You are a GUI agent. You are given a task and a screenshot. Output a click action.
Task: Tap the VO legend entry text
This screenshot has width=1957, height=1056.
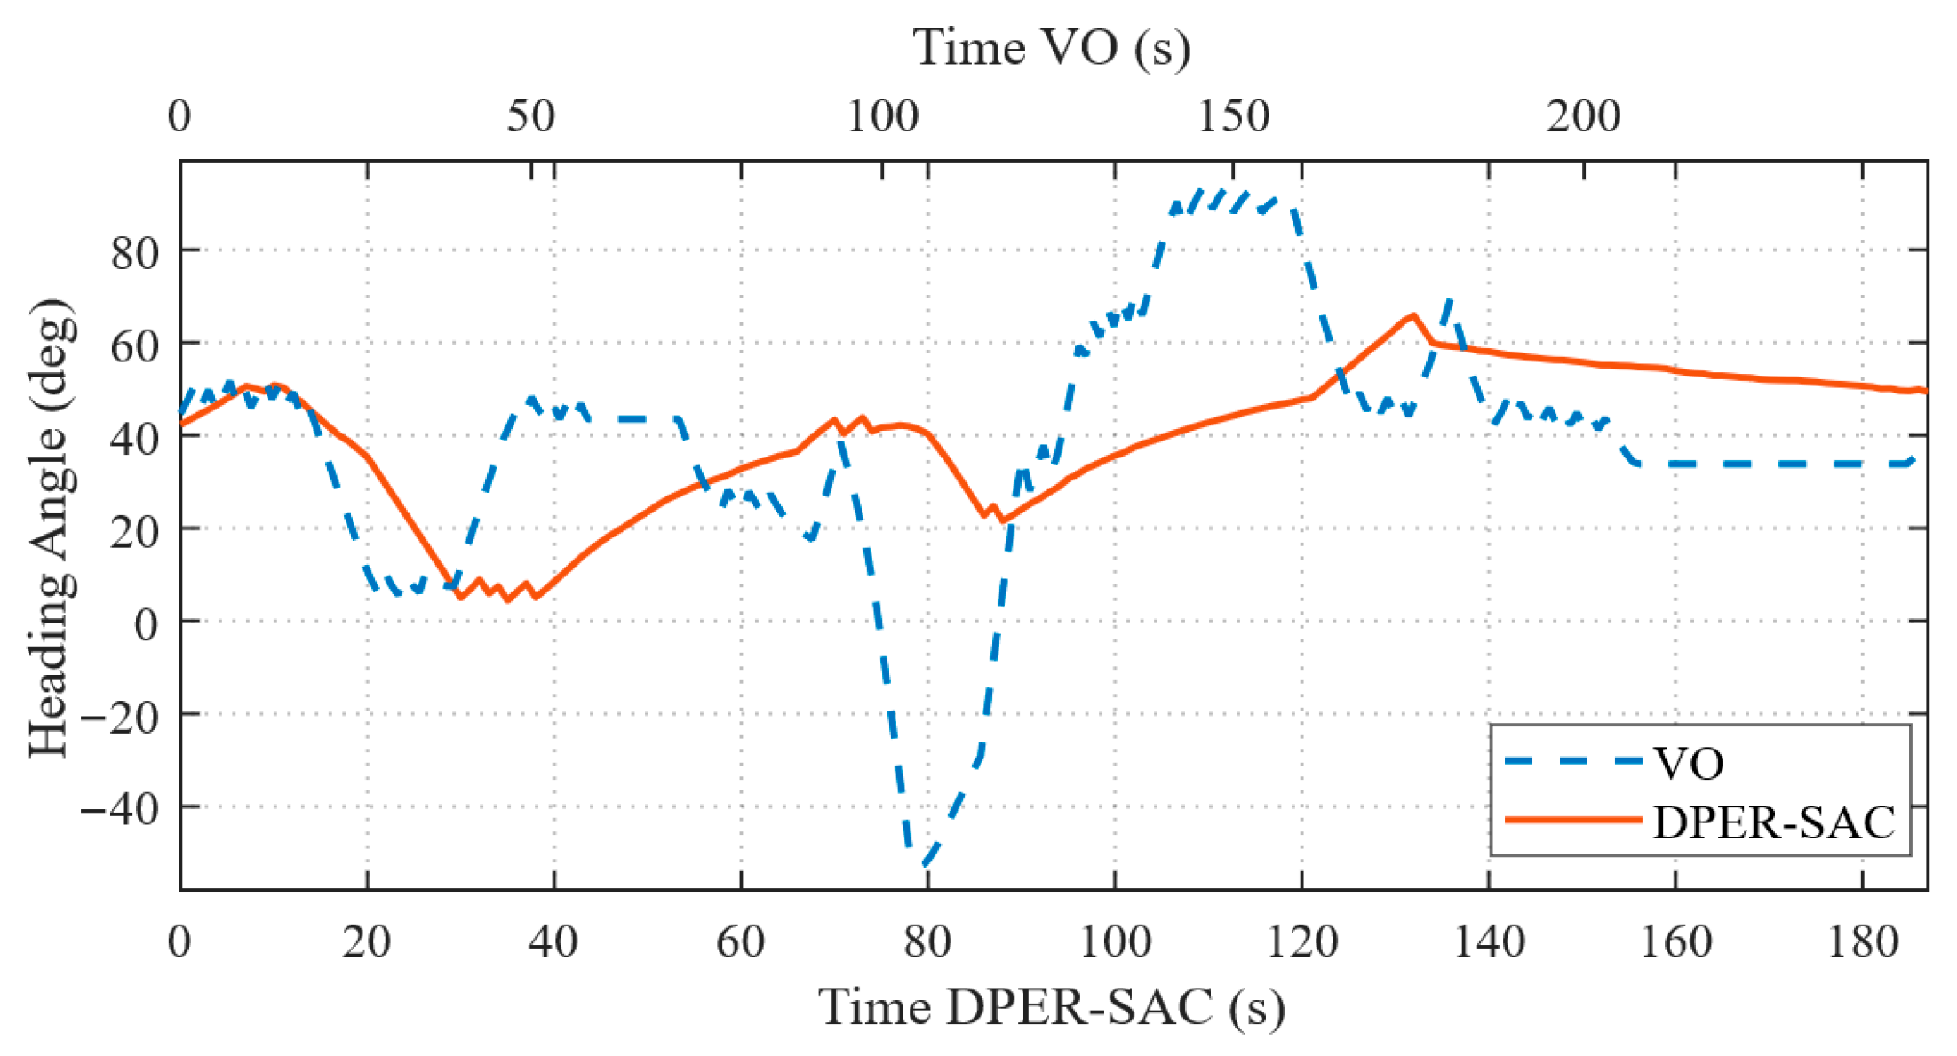(x=1688, y=763)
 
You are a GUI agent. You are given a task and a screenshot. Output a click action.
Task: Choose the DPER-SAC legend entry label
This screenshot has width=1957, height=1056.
(x=1773, y=822)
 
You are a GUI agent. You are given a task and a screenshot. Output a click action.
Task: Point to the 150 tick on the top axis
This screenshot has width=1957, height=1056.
(x=1233, y=116)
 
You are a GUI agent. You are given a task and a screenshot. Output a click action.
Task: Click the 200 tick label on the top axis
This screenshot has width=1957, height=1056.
(x=1583, y=116)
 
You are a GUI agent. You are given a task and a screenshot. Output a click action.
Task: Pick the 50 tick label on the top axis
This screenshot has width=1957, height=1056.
(x=530, y=116)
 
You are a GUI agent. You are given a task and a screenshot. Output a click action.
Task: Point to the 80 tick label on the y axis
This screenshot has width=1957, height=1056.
(x=134, y=252)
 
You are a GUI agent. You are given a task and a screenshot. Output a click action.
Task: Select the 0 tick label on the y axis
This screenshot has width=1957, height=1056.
(x=147, y=623)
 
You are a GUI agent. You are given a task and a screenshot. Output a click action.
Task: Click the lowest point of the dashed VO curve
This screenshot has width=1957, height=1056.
(x=924, y=864)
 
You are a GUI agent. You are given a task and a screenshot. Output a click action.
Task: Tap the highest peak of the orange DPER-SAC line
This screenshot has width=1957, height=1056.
(x=1412, y=315)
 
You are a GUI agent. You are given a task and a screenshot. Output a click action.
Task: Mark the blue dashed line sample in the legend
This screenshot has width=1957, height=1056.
(x=1572, y=761)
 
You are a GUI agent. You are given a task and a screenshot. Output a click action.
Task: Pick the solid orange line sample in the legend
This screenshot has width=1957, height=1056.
(x=1572, y=821)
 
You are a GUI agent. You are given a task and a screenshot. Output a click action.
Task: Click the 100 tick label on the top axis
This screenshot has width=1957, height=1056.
(x=882, y=116)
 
